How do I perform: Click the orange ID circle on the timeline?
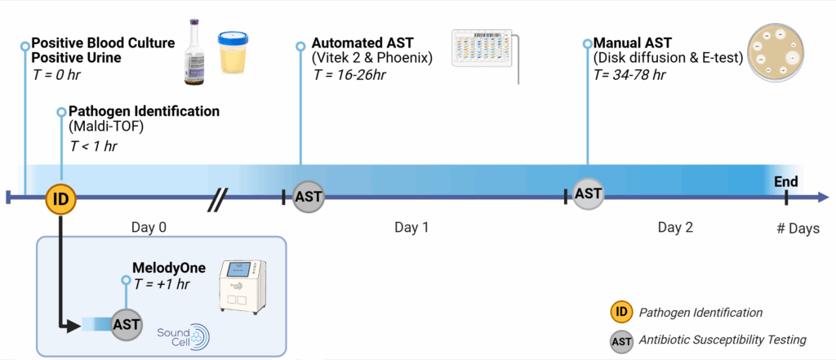pos(61,198)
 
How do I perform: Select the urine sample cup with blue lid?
pos(237,56)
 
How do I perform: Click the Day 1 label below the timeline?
pos(411,228)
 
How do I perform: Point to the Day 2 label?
pos(675,228)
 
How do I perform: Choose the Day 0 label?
pos(149,228)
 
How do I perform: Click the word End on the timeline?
pos(785,182)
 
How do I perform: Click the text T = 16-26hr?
pos(349,75)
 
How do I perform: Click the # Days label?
pos(798,229)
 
